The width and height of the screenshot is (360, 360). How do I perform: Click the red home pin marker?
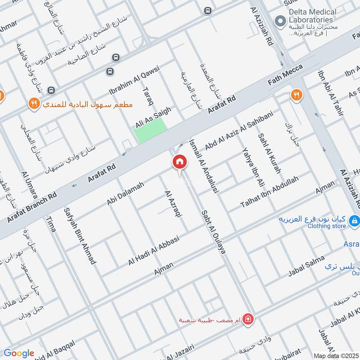click(179, 162)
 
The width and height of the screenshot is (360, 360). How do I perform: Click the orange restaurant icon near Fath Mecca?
click(296, 95)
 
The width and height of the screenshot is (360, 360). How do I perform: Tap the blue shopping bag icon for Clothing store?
click(355, 220)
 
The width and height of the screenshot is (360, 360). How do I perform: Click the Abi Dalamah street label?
click(126, 193)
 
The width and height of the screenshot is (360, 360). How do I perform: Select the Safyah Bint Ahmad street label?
click(80, 235)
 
